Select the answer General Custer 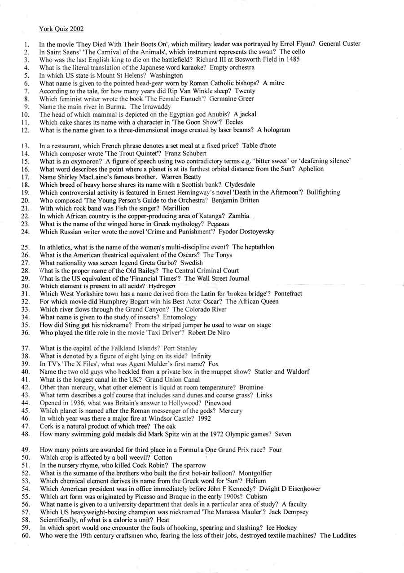(339, 44)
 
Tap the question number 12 (26, 130)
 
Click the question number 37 (26, 348)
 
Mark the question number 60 (26, 535)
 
